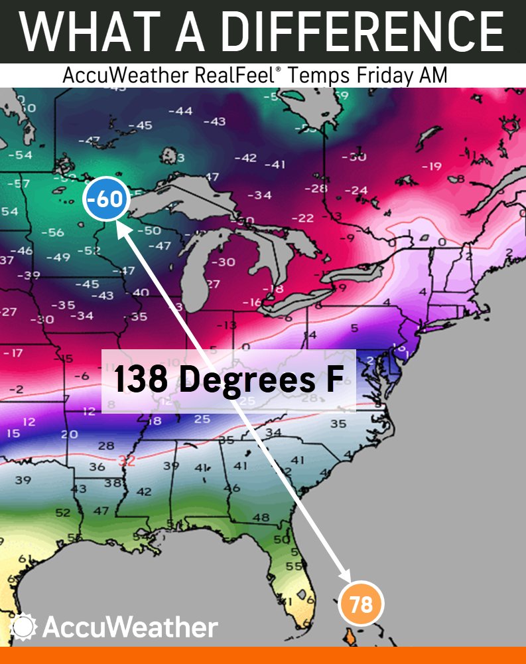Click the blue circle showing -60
coord(107,199)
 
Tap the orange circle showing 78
coord(361,605)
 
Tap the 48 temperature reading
coord(261,517)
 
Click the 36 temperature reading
coord(97,467)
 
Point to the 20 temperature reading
coord(69,434)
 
